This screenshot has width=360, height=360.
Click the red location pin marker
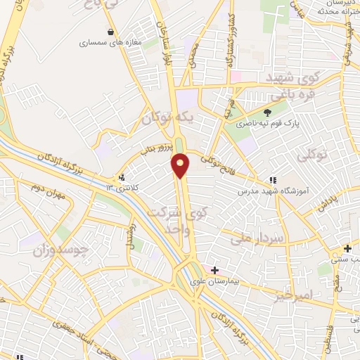(x=181, y=165)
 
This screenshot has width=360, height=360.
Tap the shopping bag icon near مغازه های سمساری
(x=111, y=32)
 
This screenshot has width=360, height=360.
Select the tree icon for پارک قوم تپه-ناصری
(x=266, y=112)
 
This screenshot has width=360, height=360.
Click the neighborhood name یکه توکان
(x=166, y=117)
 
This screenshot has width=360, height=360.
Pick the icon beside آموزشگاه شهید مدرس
(x=273, y=180)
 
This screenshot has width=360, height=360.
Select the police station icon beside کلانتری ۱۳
(x=122, y=177)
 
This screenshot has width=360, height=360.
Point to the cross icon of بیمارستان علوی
(x=214, y=270)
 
